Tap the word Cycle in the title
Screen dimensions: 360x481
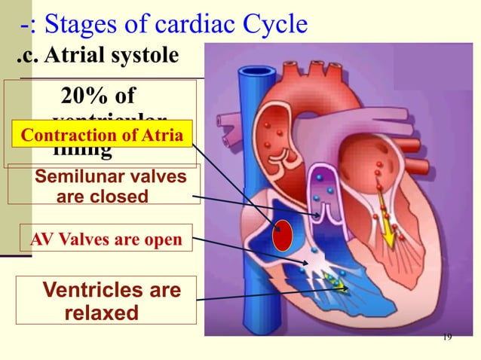pyautogui.click(x=271, y=25)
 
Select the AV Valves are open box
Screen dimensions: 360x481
pyautogui.click(x=106, y=240)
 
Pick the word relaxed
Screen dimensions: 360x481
pyautogui.click(x=103, y=312)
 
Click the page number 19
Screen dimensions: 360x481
pyautogui.click(x=447, y=336)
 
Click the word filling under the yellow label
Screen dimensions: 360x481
pyautogui.click(x=83, y=152)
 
